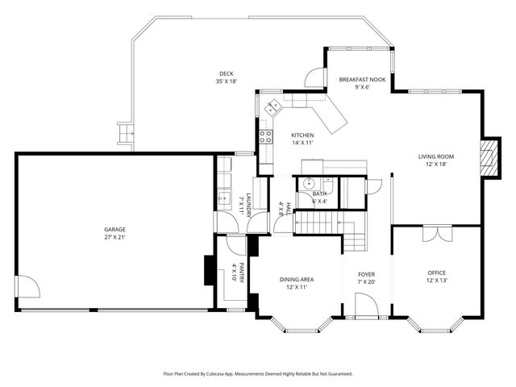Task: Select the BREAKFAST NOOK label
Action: point(362,79)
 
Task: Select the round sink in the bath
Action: point(306,183)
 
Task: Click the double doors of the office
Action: point(436,234)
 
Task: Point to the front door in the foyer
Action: point(366,305)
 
